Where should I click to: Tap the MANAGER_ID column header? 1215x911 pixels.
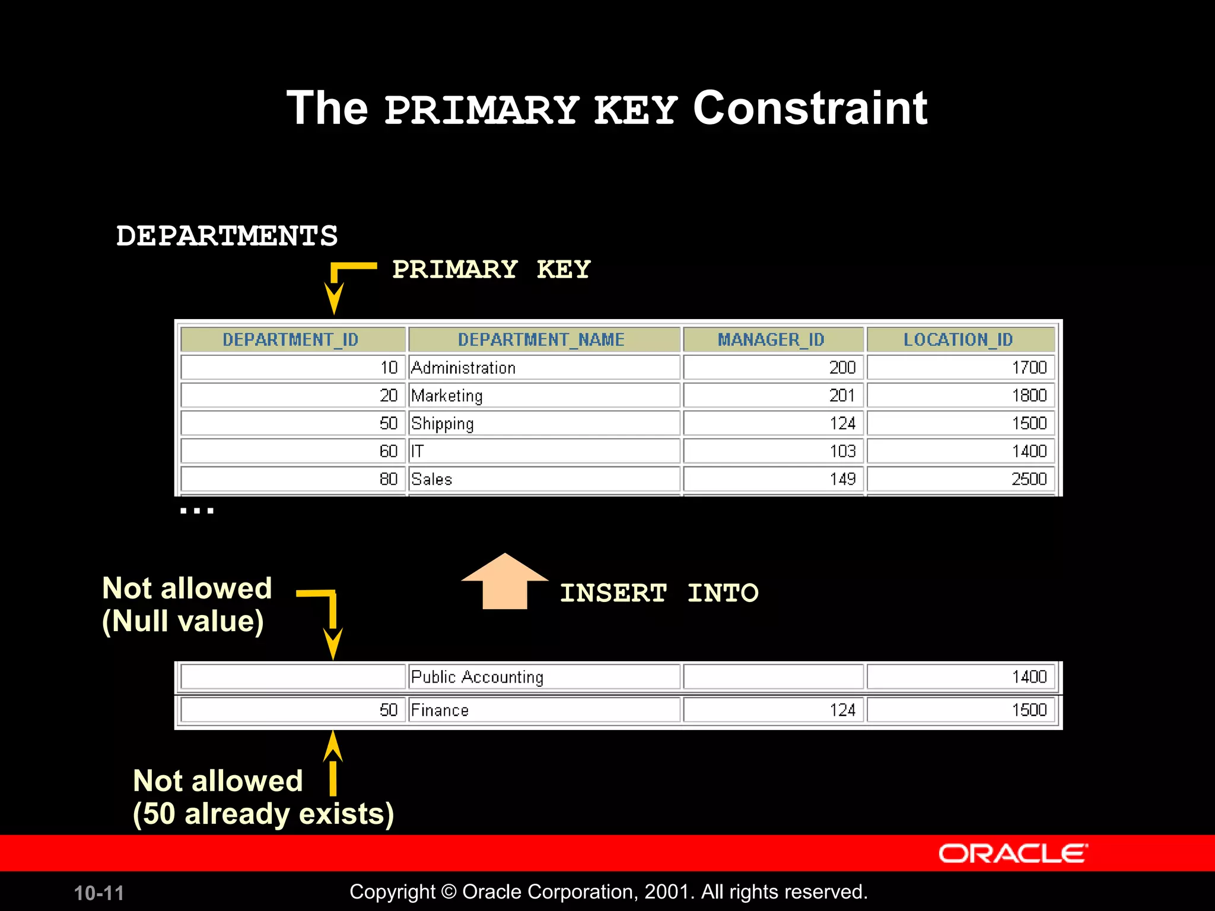(772, 339)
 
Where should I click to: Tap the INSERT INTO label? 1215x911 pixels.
(659, 593)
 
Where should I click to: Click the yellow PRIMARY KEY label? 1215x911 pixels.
(491, 269)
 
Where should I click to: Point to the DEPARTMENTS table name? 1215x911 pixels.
(227, 235)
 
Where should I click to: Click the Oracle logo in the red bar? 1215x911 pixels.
(1012, 853)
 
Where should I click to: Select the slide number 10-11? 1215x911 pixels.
(99, 893)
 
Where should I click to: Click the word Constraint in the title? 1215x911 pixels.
(809, 109)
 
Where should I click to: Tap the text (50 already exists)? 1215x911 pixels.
(263, 814)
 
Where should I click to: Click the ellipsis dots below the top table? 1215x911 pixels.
(197, 510)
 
